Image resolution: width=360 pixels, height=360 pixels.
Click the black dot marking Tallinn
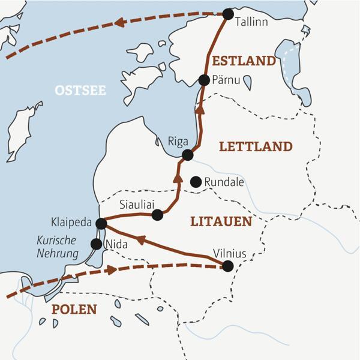tap(227, 14)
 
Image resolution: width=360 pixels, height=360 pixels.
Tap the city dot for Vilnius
tap(227, 266)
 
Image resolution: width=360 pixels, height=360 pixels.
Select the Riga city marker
tap(187, 155)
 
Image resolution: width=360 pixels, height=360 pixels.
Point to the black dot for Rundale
tap(195, 181)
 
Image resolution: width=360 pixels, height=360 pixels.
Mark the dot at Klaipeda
tap(101, 223)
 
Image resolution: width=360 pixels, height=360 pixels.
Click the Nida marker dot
tap(95, 244)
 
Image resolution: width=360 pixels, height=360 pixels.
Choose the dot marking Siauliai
tap(157, 215)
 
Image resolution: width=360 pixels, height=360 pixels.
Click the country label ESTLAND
tap(244, 61)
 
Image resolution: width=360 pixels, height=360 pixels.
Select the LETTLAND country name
tap(256, 146)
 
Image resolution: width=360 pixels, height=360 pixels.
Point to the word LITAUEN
tap(220, 221)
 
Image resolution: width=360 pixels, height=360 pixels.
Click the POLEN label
tap(74, 310)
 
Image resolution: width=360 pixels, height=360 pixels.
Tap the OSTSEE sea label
tap(80, 91)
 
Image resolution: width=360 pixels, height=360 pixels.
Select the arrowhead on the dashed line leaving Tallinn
tap(120, 23)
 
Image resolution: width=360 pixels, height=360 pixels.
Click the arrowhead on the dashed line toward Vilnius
tap(111, 270)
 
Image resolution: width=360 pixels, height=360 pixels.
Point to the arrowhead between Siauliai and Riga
tap(177, 178)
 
